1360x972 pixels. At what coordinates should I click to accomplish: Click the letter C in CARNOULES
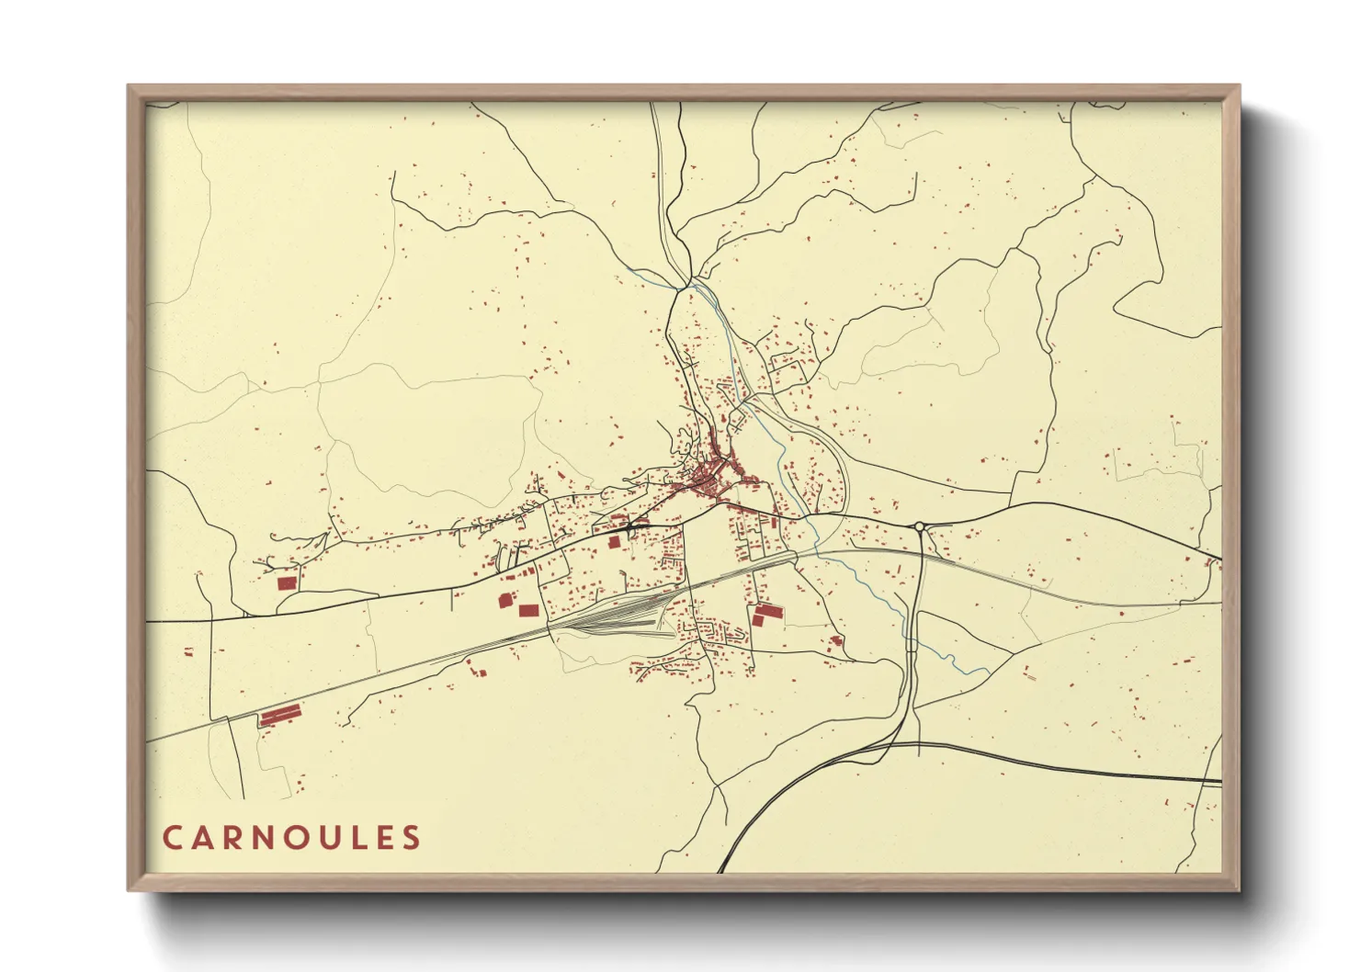[172, 837]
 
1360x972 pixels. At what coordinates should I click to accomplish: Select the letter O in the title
[293, 837]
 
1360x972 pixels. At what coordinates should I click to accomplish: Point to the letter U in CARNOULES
[325, 837]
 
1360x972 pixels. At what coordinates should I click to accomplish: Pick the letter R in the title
[232, 837]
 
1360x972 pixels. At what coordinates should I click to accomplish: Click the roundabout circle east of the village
[919, 526]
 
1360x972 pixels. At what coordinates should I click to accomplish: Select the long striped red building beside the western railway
[280, 714]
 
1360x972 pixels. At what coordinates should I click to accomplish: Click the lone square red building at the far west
[285, 582]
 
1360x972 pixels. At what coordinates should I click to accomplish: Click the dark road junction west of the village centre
[629, 528]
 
